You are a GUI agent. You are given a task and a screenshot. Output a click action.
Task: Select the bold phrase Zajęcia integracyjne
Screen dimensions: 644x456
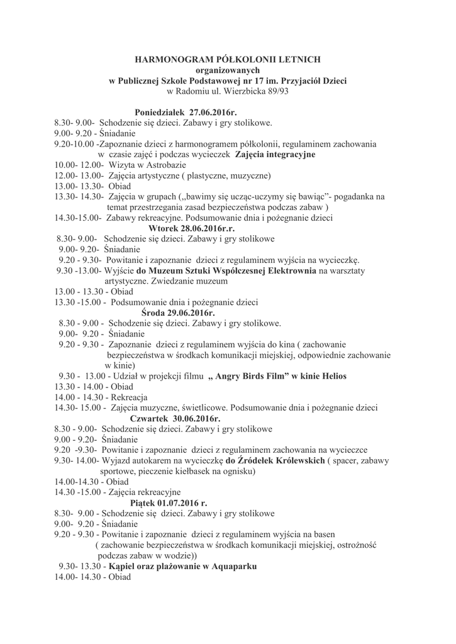click(275, 155)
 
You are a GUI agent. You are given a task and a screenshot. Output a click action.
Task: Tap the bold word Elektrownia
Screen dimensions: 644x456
click(291, 271)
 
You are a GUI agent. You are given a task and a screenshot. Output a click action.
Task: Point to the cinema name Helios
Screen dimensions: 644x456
click(333, 376)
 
